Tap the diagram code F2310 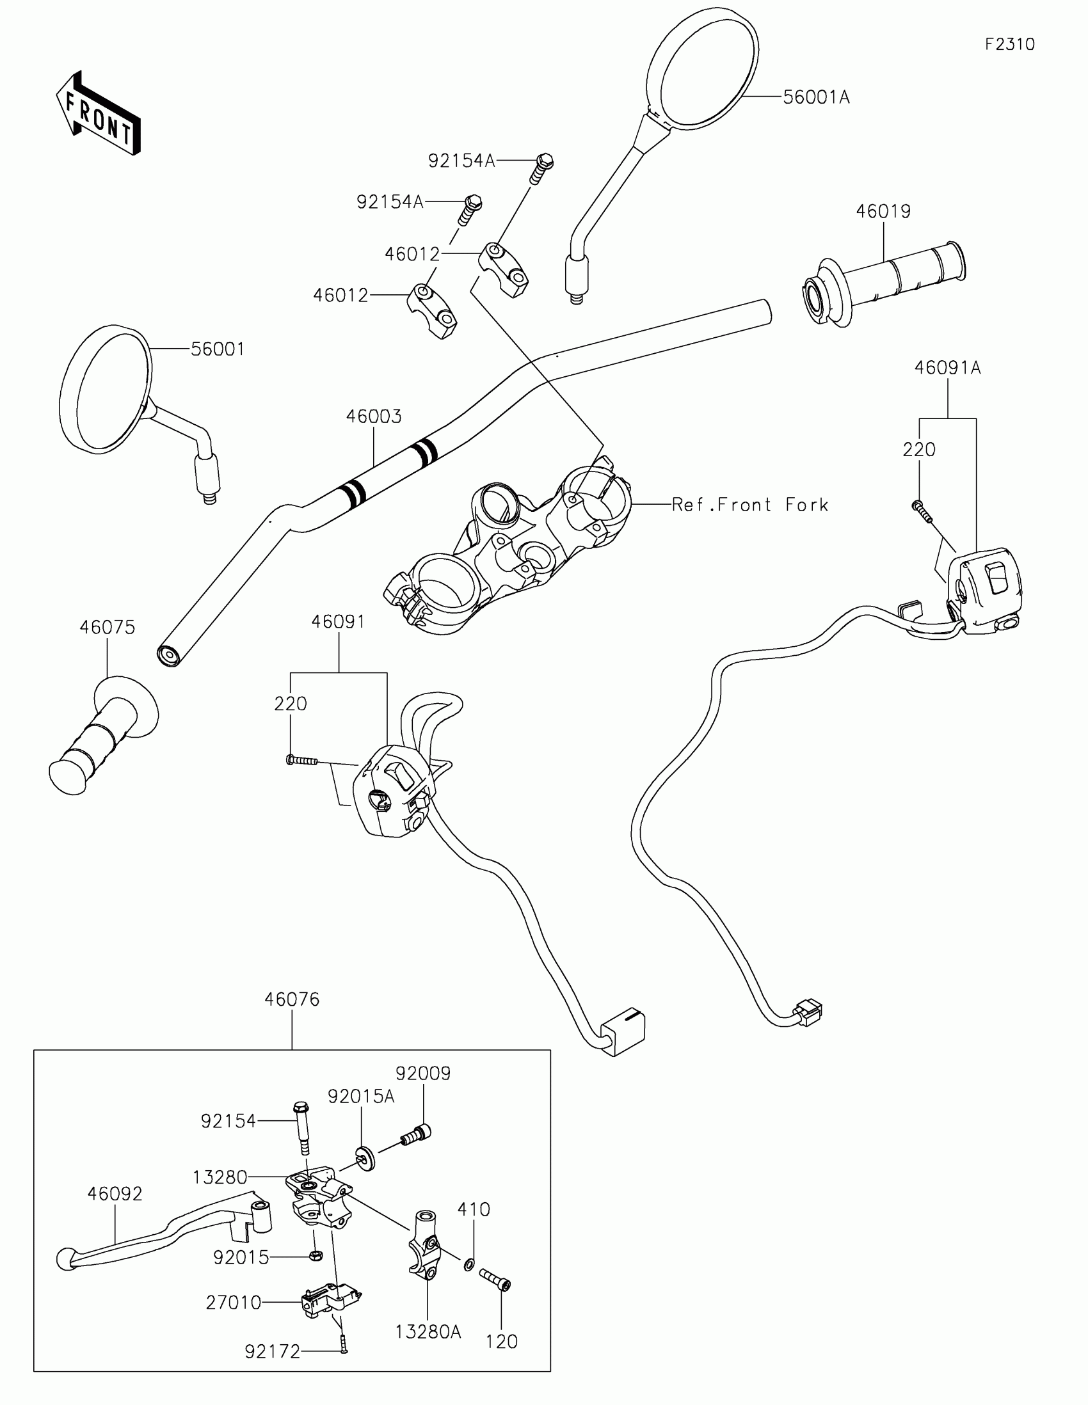coord(1009,44)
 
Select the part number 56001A coord(816,97)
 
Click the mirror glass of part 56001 coord(106,388)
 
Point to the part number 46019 coord(883,211)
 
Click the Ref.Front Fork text coord(749,505)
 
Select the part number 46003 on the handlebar coord(374,417)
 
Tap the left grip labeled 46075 coord(103,736)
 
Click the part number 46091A coord(947,368)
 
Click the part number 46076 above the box coord(291,999)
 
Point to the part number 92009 coord(422,1073)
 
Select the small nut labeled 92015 coord(316,1255)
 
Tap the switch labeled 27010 coord(328,1301)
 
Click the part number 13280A coord(428,1331)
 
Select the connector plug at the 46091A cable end coord(808,1012)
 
